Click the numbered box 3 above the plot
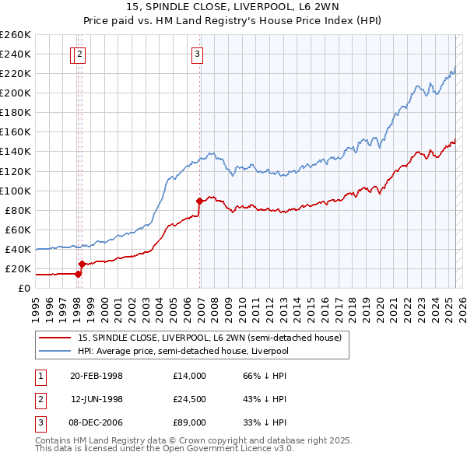tap(197, 54)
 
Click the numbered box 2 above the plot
tap(80, 54)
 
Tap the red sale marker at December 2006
tap(200, 201)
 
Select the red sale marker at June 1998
tap(82, 264)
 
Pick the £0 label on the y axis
tap(25, 289)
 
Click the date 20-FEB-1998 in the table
tap(97, 376)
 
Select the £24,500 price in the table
tap(190, 399)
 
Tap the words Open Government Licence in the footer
tap(223, 449)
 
